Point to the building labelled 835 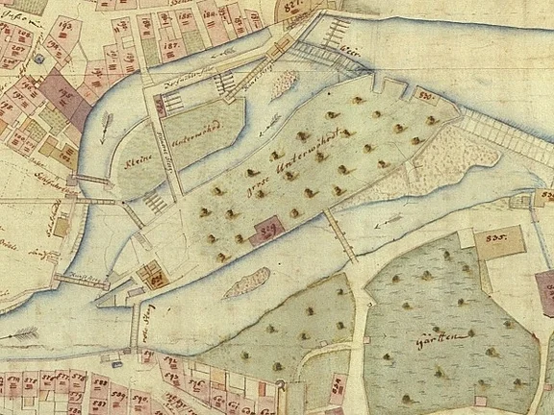pos(498,239)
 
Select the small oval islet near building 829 pos(246,281)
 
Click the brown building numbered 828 pos(152,277)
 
